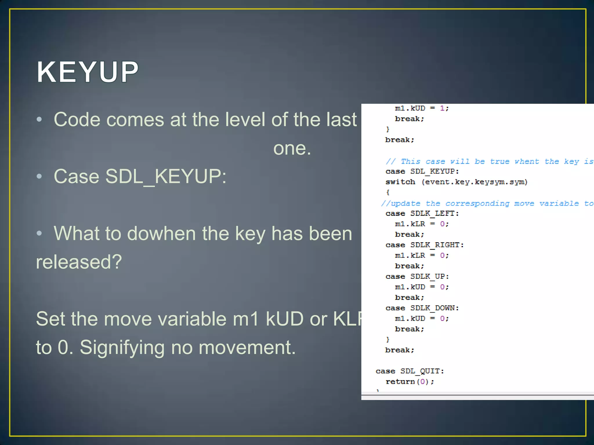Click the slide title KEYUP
87,72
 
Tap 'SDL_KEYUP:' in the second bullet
166,176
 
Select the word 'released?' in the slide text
79,262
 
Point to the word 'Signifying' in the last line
122,347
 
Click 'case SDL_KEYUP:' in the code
422,172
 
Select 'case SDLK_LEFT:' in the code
422,214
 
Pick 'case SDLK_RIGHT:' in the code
424,245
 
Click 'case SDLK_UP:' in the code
417,277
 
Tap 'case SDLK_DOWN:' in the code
422,308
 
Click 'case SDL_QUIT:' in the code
410,371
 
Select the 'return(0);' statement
410,382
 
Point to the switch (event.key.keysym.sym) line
456,182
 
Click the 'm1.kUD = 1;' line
422,108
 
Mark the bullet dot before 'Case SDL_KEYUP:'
39,176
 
